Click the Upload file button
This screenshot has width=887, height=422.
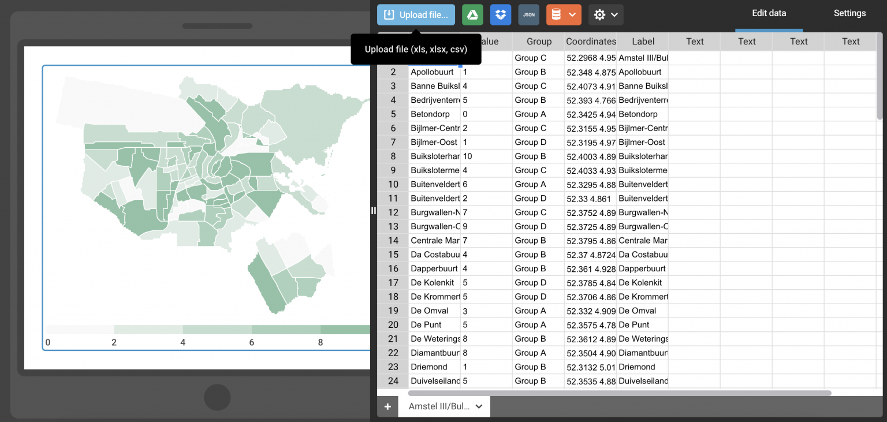coord(416,15)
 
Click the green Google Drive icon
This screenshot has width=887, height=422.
coord(472,15)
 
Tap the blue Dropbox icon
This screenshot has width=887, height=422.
coord(501,15)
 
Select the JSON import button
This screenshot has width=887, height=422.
coord(528,15)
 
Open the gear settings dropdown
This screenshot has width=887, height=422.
coord(606,15)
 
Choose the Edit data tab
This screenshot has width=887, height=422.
coord(769,13)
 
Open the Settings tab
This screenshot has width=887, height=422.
coord(849,13)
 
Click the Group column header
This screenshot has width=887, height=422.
coord(539,42)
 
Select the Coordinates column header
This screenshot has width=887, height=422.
coord(591,42)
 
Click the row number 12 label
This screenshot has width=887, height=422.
coord(393,212)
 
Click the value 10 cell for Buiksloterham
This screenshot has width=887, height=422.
coord(485,156)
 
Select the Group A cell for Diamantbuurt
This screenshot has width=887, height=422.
coord(538,353)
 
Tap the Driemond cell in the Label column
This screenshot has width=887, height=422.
coord(642,367)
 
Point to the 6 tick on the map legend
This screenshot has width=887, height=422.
coord(252,342)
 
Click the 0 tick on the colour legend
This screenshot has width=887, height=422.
coord(48,342)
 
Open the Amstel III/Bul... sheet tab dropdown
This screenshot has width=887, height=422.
coord(479,406)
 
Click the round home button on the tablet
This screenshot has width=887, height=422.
coord(217,398)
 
